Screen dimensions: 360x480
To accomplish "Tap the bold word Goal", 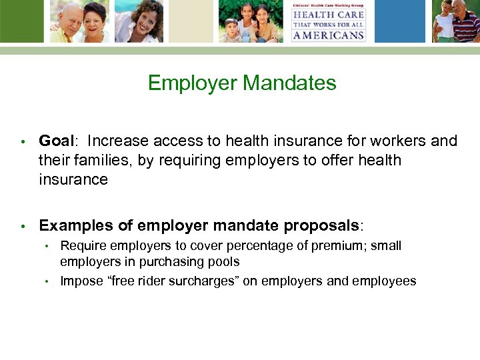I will (x=56, y=141).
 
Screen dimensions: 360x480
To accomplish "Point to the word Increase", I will (x=118, y=141).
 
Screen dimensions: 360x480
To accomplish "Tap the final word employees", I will (x=386, y=281).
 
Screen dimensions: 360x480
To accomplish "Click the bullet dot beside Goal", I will (x=23, y=141).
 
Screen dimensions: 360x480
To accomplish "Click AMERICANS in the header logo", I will (x=329, y=35).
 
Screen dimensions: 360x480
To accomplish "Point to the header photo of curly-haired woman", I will (x=139, y=21).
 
